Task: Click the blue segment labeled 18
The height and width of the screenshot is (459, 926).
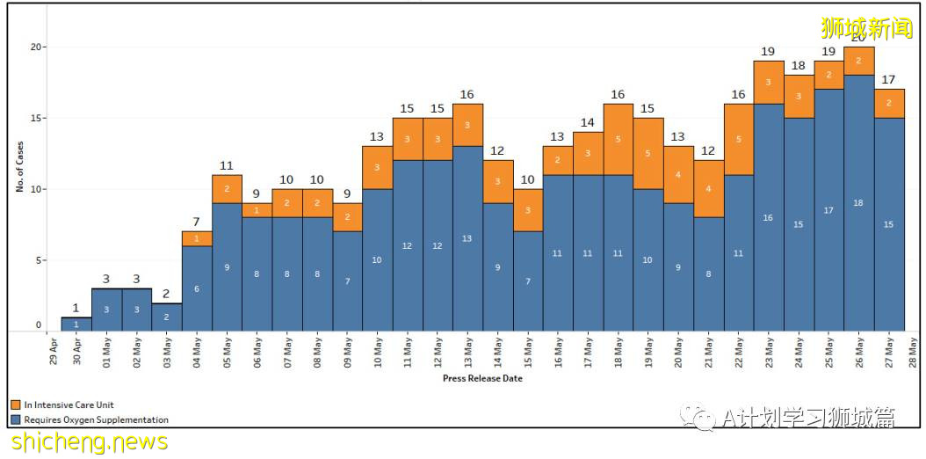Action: pyautogui.click(x=858, y=202)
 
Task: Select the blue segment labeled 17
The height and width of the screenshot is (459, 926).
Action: pyautogui.click(x=828, y=209)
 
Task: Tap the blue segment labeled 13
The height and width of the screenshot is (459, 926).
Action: pyautogui.click(x=467, y=238)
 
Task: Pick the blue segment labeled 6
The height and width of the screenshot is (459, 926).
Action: pyautogui.click(x=197, y=288)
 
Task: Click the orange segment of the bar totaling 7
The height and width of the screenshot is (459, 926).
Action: pyautogui.click(x=197, y=238)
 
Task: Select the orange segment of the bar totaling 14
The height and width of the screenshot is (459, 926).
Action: pyautogui.click(x=588, y=153)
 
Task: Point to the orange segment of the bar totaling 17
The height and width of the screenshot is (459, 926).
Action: pyautogui.click(x=889, y=103)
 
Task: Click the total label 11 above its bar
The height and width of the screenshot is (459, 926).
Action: pyautogui.click(x=227, y=164)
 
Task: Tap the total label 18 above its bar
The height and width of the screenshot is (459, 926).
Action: pyautogui.click(x=799, y=66)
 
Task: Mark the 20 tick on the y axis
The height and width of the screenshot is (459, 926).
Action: pyautogui.click(x=35, y=47)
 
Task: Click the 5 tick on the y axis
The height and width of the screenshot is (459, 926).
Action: pyautogui.click(x=37, y=260)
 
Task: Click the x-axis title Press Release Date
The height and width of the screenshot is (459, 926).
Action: pyautogui.click(x=482, y=379)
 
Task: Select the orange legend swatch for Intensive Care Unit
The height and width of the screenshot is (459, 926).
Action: pyautogui.click(x=16, y=404)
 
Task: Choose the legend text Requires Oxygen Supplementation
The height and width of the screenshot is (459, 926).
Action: pyautogui.click(x=96, y=419)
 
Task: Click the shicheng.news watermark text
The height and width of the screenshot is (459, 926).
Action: pyautogui.click(x=89, y=441)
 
